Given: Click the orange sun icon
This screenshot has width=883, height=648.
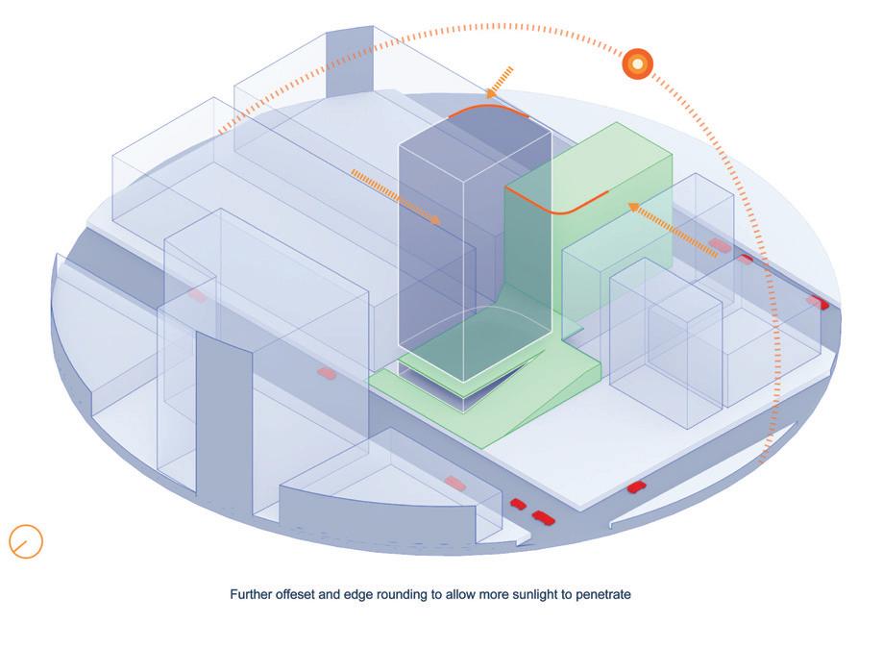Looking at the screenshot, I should click(638, 63).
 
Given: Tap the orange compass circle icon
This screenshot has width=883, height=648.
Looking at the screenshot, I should click(26, 541).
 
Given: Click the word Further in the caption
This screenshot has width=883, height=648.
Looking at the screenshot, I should click(252, 594).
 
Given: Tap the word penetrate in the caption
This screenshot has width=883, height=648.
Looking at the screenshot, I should click(601, 594).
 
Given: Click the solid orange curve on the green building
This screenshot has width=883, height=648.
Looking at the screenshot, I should click(557, 202).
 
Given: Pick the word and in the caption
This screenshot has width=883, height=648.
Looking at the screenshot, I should click(335, 594).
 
